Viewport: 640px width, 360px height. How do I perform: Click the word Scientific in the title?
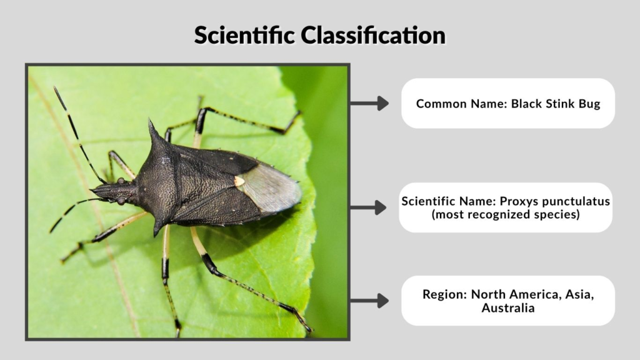pyautogui.click(x=244, y=35)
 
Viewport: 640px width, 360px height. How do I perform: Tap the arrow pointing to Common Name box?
pyautogui.click(x=369, y=103)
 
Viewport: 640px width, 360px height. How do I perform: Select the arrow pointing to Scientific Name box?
pyautogui.click(x=369, y=207)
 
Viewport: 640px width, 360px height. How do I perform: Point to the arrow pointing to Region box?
pyautogui.click(x=369, y=301)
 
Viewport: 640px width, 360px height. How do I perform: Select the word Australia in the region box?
pyautogui.click(x=508, y=308)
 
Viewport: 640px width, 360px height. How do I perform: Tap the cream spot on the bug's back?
pyautogui.click(x=239, y=181)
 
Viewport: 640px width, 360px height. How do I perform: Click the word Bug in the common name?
pyautogui.click(x=589, y=104)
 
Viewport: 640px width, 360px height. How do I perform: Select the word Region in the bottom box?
pyautogui.click(x=444, y=294)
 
